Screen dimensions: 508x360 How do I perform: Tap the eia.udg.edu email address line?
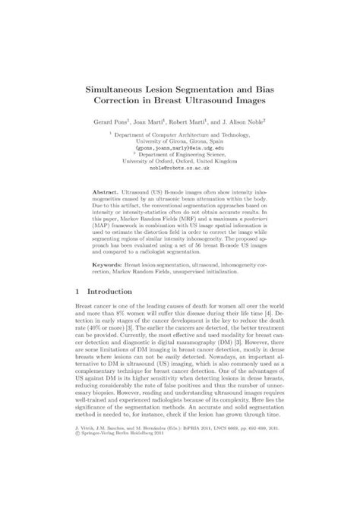coord(179,148)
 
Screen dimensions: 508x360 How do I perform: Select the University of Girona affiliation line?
coord(179,140)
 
